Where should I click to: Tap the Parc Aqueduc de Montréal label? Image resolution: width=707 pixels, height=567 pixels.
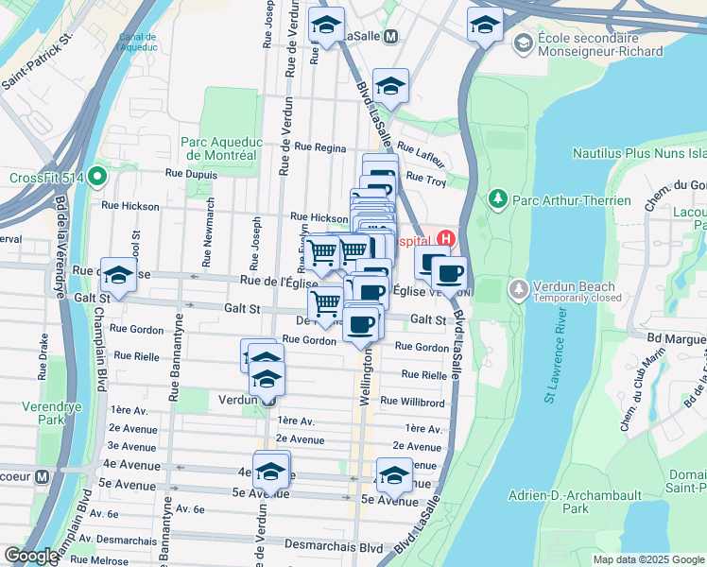coord(218,148)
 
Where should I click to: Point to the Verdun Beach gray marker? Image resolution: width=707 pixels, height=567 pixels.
coord(518,288)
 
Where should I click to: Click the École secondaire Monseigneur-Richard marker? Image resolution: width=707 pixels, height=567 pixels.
coord(522,43)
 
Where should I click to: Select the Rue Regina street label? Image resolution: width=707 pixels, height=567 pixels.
coord(320,147)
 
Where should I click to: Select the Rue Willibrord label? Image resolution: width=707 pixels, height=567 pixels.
coord(412,402)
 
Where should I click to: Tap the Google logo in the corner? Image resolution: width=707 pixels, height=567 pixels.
coord(31,556)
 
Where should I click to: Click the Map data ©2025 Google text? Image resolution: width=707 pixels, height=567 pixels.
coord(647,559)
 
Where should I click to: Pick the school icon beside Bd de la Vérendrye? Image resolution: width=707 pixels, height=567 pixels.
coord(119,274)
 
